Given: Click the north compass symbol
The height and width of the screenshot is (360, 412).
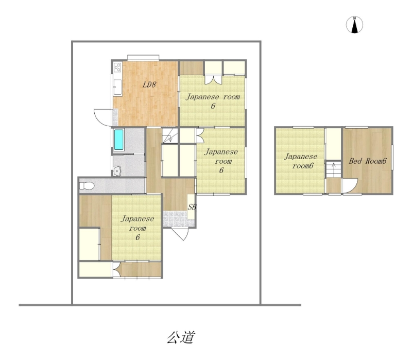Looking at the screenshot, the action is pyautogui.click(x=354, y=25).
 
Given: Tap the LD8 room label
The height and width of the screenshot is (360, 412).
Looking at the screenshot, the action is pyautogui.click(x=149, y=84).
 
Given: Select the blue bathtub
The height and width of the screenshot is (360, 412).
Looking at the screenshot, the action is pyautogui.click(x=119, y=140).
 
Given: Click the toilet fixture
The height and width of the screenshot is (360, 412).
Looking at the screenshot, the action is pyautogui.click(x=87, y=186).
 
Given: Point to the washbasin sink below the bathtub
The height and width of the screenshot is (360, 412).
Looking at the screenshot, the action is pyautogui.click(x=117, y=171).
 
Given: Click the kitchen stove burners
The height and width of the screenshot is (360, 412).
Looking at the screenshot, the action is pyautogui.click(x=117, y=67).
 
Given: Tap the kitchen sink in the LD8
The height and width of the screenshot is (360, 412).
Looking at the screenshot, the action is pyautogui.click(x=117, y=87).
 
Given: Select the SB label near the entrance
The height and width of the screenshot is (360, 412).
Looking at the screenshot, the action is pyautogui.click(x=192, y=207).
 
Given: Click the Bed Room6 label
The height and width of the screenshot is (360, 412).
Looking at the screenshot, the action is pyautogui.click(x=367, y=161).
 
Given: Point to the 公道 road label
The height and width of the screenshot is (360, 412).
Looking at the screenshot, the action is pyautogui.click(x=181, y=337).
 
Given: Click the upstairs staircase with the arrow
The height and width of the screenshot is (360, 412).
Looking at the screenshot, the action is pyautogui.click(x=334, y=169).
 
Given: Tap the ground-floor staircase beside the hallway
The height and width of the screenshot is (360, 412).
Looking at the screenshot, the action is pyautogui.click(x=170, y=135).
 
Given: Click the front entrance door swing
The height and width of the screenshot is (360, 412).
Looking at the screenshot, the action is pyautogui.click(x=180, y=234).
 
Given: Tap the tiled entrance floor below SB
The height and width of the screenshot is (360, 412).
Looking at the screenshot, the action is pyautogui.click(x=175, y=219).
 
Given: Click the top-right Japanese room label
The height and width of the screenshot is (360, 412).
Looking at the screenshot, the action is pyautogui.click(x=213, y=101).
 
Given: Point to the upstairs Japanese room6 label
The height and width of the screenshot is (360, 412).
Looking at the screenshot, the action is pyautogui.click(x=301, y=161).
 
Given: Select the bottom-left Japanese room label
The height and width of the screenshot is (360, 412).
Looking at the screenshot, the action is pyautogui.click(x=138, y=228).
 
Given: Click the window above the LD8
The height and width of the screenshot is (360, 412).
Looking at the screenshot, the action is pyautogui.click(x=143, y=58).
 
